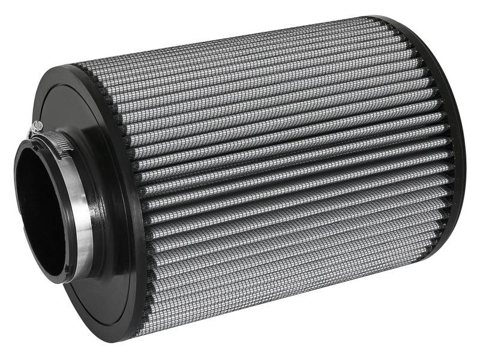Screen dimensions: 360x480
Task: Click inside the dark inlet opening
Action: [x=42, y=210]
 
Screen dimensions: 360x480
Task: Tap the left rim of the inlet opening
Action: [x=17, y=204]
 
